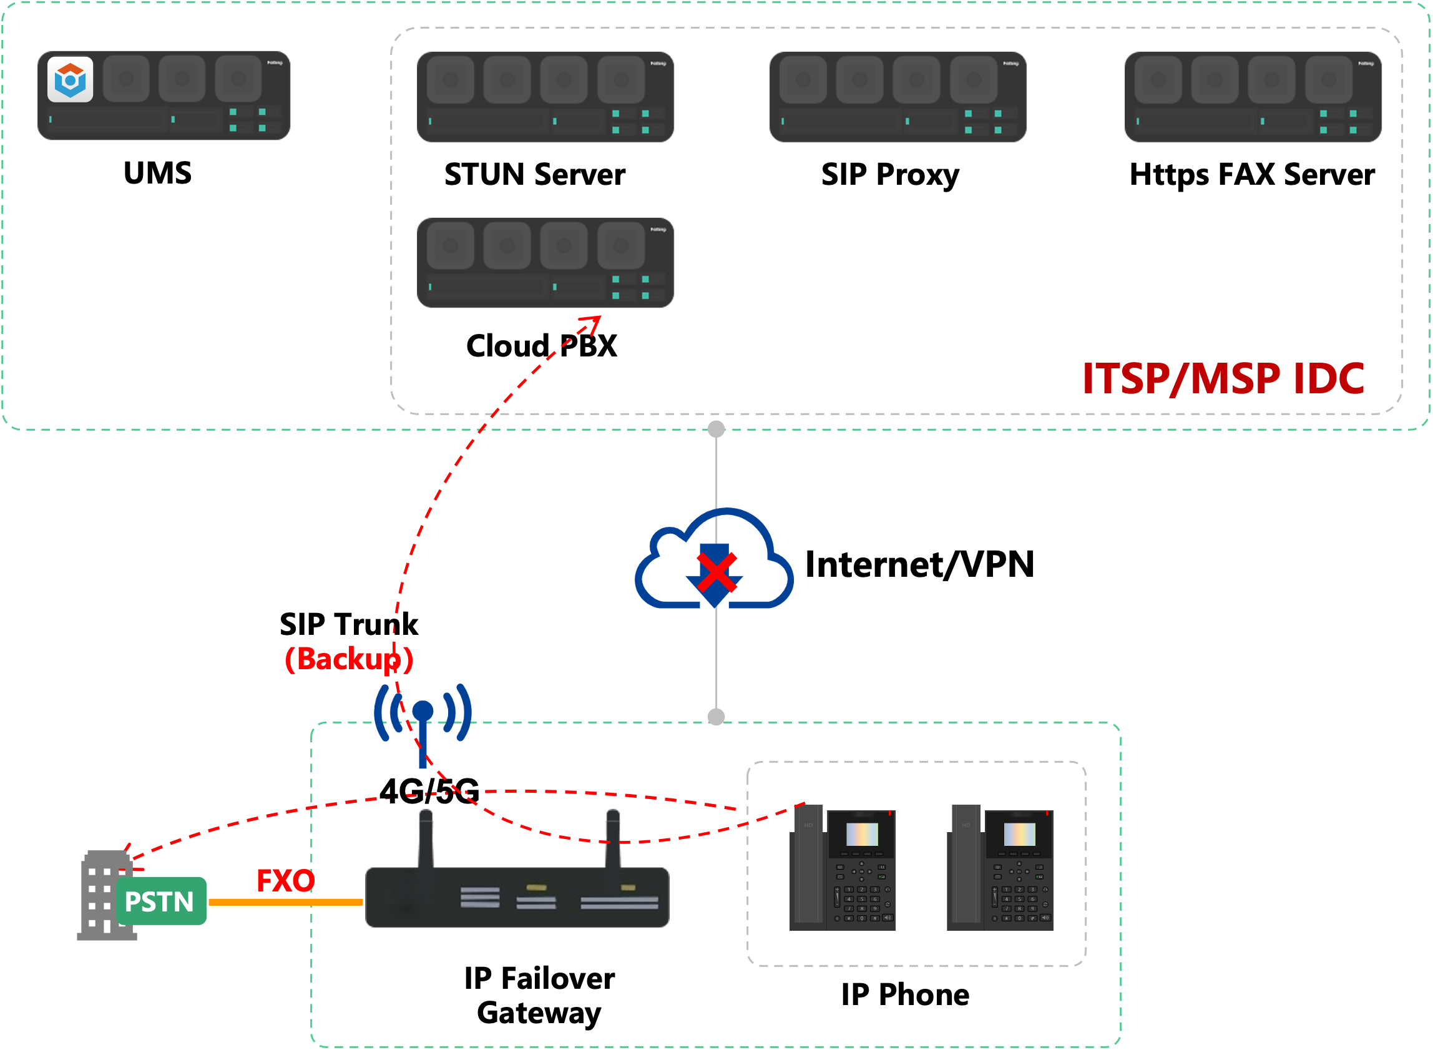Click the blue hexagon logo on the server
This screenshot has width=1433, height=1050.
[x=70, y=79]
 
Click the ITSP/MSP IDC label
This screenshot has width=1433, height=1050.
[x=1223, y=379]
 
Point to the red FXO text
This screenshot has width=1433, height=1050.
[x=285, y=881]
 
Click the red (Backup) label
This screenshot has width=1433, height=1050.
[x=349, y=659]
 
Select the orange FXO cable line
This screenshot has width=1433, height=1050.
[x=285, y=902]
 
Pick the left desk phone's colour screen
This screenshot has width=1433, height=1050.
[x=862, y=834]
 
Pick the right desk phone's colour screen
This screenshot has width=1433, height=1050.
[x=1019, y=834]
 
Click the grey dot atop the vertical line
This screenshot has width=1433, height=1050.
[x=716, y=429]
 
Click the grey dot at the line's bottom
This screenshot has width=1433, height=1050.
[x=716, y=717]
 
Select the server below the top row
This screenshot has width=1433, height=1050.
[x=545, y=262]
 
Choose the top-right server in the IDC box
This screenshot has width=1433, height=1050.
[x=1253, y=97]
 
